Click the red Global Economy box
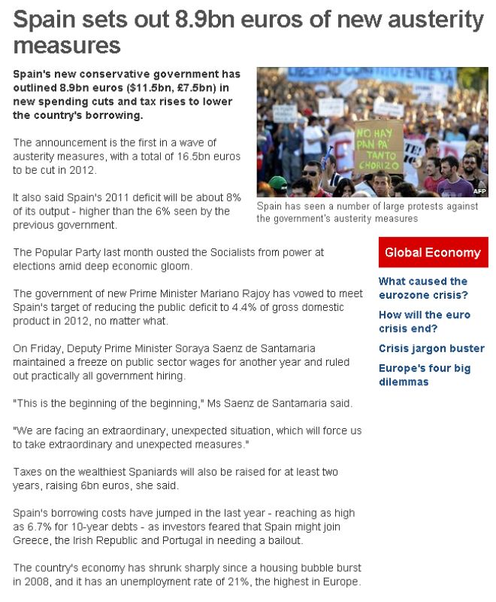[x=433, y=252]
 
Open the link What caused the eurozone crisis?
[x=422, y=287]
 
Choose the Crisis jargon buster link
[x=431, y=348]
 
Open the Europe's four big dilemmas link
[x=425, y=375]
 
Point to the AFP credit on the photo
[x=479, y=191]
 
